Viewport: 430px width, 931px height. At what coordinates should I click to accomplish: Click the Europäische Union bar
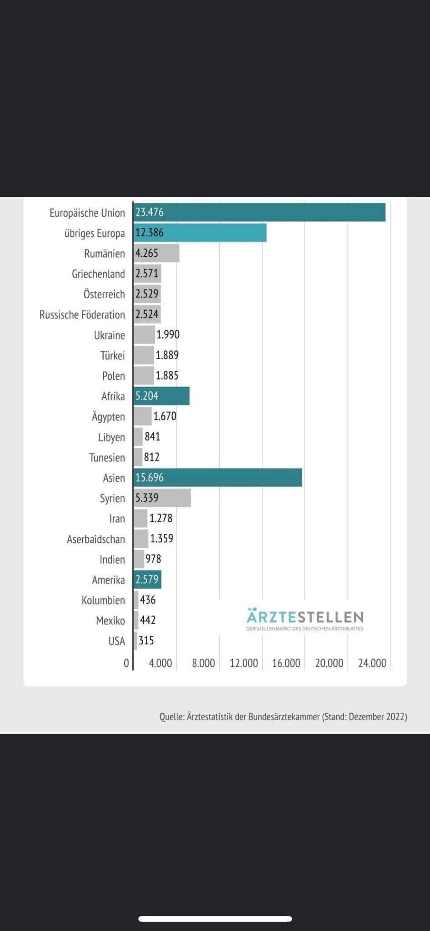click(260, 212)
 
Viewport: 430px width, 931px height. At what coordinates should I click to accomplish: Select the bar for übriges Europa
click(200, 233)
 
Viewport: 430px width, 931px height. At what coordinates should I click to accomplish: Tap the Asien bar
click(218, 477)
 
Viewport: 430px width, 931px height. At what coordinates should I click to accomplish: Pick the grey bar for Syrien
click(162, 498)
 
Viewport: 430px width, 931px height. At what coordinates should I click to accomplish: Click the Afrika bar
click(161, 396)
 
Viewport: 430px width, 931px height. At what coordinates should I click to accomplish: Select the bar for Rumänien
click(156, 253)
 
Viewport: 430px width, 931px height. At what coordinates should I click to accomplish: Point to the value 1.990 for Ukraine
click(168, 335)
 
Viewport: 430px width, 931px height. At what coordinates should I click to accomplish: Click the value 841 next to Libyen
click(152, 436)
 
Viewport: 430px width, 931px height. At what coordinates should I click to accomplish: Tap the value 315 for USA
click(146, 641)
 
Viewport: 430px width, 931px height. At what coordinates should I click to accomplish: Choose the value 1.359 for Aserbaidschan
click(162, 538)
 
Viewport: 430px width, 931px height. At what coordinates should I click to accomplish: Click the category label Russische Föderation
click(82, 315)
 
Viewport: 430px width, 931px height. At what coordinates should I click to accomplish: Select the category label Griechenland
click(98, 274)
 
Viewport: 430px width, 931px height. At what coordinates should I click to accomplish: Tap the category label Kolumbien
click(103, 600)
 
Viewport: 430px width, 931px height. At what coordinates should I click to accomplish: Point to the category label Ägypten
click(108, 416)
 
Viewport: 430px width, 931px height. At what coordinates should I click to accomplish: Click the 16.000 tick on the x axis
click(286, 663)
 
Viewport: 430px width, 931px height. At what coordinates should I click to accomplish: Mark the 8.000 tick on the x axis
click(203, 663)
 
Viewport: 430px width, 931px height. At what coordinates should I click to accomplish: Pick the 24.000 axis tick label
click(372, 663)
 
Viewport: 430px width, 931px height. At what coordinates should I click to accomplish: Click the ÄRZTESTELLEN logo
click(305, 619)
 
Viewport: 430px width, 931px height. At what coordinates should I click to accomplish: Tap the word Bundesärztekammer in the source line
click(284, 716)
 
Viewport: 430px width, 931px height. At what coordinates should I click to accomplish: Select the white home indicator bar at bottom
click(215, 919)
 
